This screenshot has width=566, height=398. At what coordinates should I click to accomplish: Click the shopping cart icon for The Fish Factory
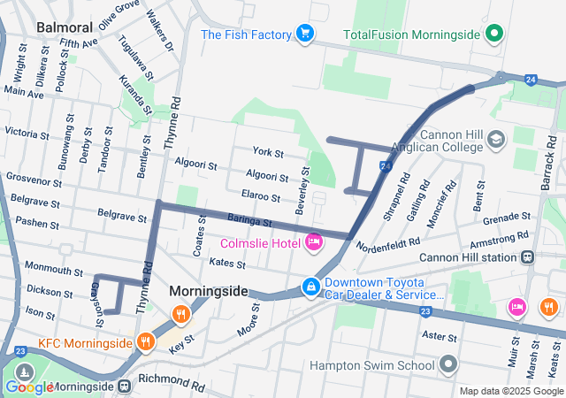(306, 34)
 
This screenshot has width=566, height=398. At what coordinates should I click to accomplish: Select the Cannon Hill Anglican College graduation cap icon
(495, 139)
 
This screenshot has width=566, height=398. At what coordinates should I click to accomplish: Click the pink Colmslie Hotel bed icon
(313, 241)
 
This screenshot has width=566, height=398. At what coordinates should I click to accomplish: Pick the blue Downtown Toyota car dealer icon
(311, 287)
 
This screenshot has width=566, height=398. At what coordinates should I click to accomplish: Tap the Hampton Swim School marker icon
(449, 364)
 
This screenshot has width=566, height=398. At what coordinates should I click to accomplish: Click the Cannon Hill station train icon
(528, 257)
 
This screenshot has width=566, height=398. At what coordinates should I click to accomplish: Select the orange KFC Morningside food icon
(145, 341)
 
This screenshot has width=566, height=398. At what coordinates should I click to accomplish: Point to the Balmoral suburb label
(60, 27)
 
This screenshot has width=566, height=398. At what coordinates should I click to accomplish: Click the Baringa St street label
(249, 221)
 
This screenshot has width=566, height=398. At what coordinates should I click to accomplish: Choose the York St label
(266, 153)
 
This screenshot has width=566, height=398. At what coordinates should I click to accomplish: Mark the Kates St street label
(227, 263)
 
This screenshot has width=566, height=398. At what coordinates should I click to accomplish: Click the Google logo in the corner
(29, 387)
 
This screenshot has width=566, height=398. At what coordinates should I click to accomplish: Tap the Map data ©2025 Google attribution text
(510, 391)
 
